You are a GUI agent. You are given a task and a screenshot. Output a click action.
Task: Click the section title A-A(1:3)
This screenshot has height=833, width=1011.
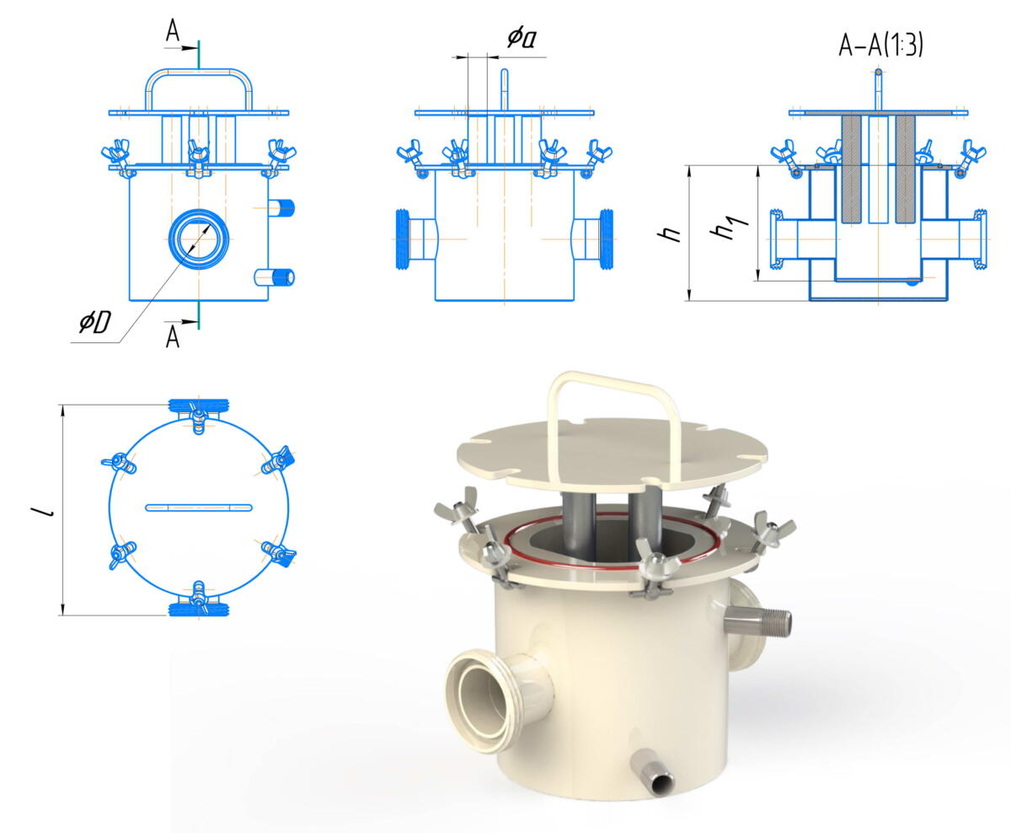880,46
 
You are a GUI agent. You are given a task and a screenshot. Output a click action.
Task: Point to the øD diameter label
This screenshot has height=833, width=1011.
95,321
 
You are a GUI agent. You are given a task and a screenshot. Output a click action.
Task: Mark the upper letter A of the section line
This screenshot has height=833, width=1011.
172,32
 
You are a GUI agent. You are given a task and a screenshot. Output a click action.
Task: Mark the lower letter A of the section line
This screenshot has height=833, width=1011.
172,336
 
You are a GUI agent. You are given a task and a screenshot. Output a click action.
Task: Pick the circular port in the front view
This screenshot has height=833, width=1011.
199,239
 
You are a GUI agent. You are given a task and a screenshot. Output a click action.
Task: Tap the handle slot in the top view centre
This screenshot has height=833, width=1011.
199,508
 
